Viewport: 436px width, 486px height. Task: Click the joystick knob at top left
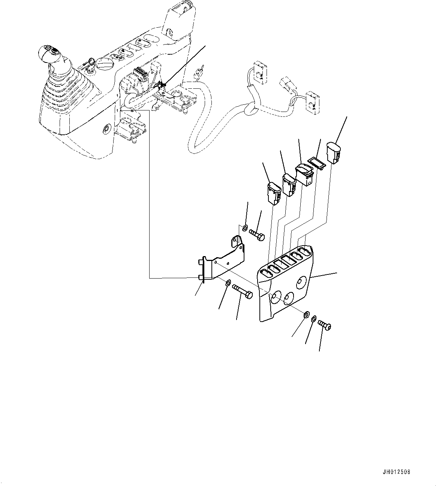pyautogui.click(x=51, y=54)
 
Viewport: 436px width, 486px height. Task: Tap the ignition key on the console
pyautogui.click(x=90, y=62)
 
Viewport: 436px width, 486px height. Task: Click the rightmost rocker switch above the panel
pyautogui.click(x=333, y=152)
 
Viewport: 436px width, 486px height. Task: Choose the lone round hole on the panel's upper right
pyautogui.click(x=301, y=282)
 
